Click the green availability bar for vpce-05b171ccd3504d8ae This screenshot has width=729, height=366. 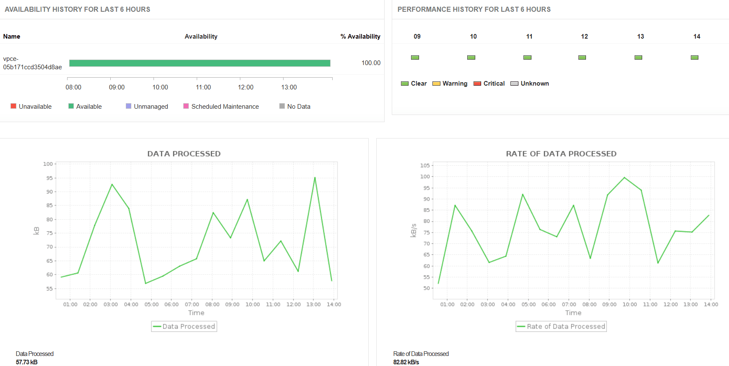200,63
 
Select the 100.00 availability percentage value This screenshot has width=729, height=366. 371,63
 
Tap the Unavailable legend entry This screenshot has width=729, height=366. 31,107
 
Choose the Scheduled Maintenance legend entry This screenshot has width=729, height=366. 221,107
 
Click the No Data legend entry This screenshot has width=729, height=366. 295,107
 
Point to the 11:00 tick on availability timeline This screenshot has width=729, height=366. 203,87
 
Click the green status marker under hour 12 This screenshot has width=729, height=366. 582,58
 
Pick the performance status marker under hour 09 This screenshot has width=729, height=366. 415,58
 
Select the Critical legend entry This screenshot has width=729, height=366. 489,84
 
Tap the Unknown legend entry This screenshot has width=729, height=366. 530,84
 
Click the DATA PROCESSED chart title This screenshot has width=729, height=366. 184,154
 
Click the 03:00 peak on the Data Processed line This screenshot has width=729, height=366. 112,184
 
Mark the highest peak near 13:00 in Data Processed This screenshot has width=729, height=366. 315,178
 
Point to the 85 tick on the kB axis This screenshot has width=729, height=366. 49,205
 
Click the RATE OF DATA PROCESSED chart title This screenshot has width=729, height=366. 561,154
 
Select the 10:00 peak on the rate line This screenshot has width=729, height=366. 625,178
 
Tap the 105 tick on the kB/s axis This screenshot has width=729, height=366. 425,165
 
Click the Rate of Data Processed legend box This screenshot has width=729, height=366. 561,327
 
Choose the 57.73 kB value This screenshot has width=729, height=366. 27,362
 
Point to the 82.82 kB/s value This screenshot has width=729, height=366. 406,362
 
